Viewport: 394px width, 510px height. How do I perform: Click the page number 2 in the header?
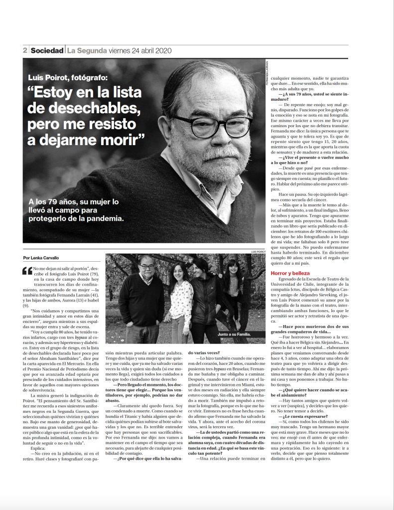pos(24,50)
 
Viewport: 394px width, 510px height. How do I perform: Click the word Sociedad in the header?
pos(47,50)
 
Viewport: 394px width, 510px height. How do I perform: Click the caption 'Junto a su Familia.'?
pos(234,334)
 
